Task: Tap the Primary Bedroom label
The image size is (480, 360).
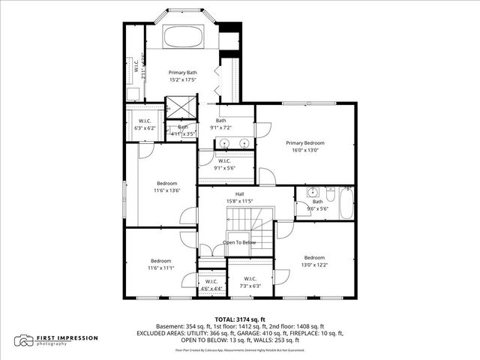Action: point(305,142)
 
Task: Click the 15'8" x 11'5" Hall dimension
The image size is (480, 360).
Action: point(239,201)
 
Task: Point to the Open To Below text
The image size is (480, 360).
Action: point(239,242)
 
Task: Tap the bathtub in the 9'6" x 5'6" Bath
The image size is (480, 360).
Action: point(346,203)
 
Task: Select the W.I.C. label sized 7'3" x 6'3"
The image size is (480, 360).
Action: point(250,283)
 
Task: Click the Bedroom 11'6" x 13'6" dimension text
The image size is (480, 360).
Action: point(166,190)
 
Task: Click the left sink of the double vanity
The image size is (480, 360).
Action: point(229,142)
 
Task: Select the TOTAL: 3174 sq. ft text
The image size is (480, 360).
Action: point(240,319)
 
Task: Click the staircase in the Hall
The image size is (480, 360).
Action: point(242,220)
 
